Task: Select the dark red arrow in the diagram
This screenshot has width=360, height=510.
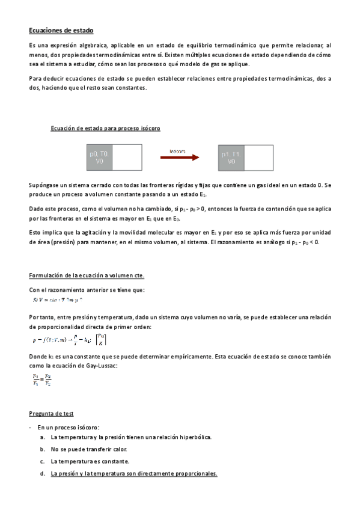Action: pos(179,158)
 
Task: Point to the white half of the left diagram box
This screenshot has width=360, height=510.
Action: pos(126,158)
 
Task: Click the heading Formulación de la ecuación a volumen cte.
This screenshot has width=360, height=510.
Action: pos(87,275)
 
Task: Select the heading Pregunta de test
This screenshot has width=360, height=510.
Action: pos(51,414)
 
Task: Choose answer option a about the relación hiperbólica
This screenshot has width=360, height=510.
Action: pos(131,437)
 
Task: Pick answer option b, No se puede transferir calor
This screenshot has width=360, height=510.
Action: pos(89,449)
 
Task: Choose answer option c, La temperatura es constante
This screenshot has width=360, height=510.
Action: pos(90,461)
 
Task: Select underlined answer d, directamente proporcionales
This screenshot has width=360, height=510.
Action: pos(133,474)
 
